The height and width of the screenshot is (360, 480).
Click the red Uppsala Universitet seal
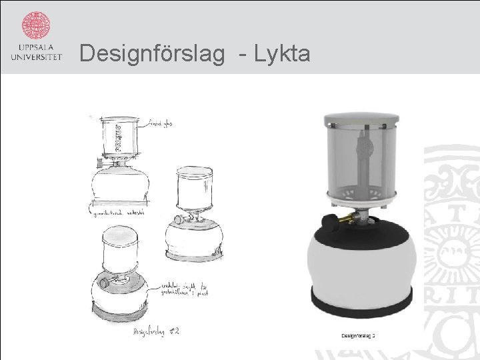(36, 25)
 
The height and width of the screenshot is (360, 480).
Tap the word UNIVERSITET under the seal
(36, 57)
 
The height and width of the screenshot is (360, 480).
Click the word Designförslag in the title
(152, 53)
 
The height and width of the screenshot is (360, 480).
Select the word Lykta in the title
(283, 53)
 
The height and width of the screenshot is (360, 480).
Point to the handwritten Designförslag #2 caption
(156, 331)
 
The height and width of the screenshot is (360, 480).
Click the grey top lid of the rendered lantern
(360, 121)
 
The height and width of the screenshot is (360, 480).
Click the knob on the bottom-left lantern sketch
(104, 283)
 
